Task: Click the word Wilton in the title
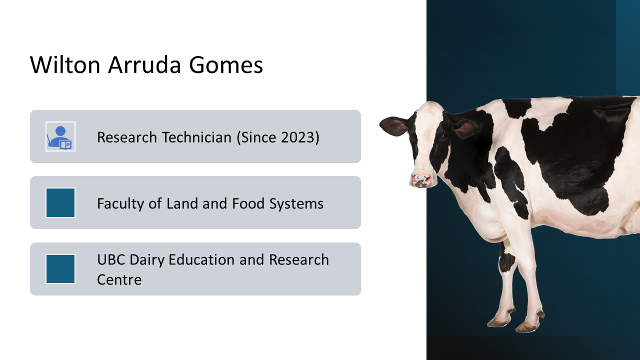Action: click(x=65, y=65)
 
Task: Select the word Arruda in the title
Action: click(x=144, y=65)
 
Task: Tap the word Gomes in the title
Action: click(x=225, y=65)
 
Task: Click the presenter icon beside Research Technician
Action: click(x=60, y=136)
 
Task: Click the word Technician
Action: click(x=197, y=137)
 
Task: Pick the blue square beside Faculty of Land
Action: click(x=60, y=202)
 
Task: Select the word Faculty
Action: click(x=120, y=203)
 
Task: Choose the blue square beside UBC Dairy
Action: click(x=60, y=269)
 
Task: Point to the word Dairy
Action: click(x=147, y=259)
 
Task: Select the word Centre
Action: click(x=119, y=279)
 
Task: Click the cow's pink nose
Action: click(x=421, y=180)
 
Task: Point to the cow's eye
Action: click(x=444, y=135)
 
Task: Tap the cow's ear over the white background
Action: click(x=395, y=125)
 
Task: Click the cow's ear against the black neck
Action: click(x=465, y=128)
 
